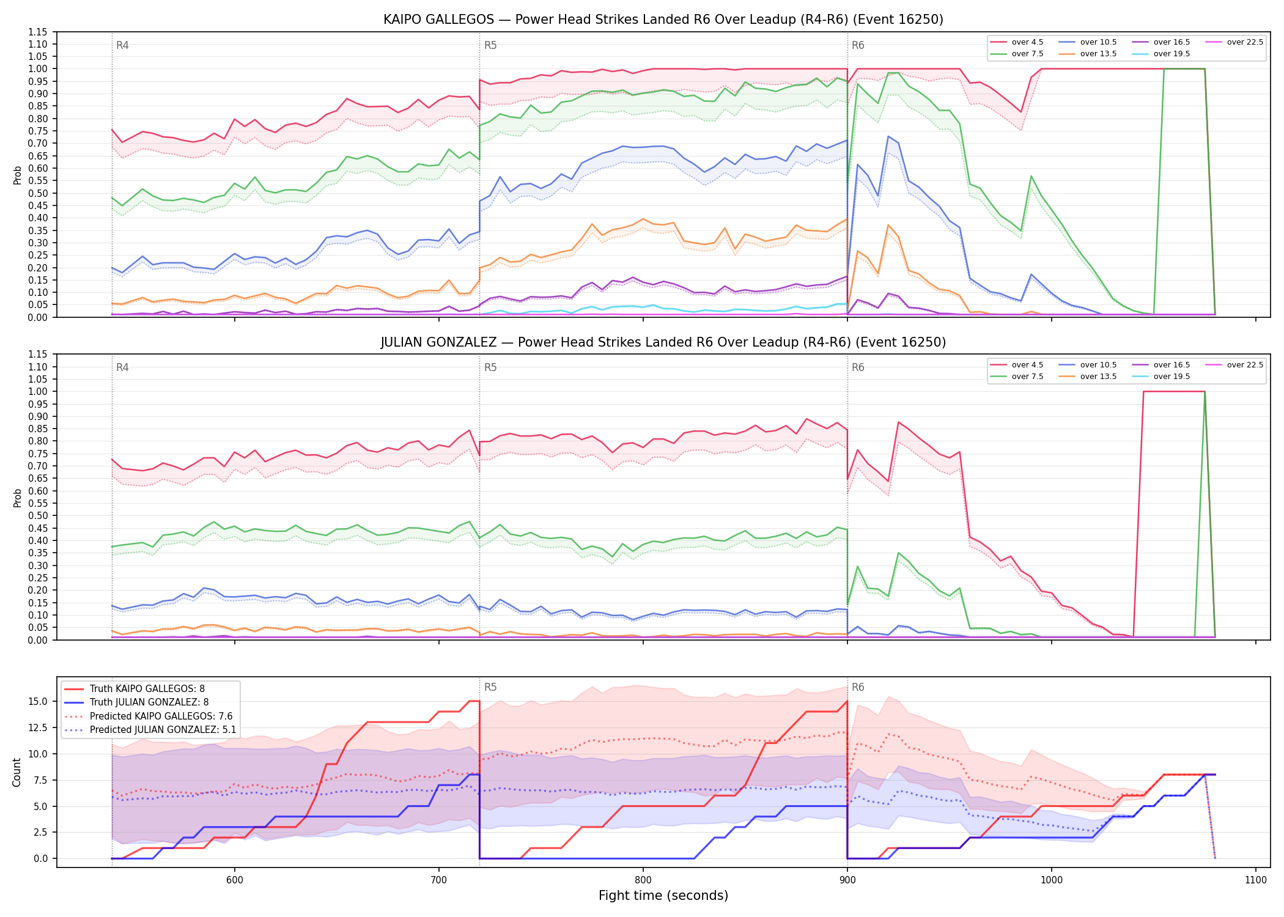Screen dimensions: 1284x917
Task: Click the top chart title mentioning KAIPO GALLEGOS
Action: point(663,20)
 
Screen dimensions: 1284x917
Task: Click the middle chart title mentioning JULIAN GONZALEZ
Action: point(663,342)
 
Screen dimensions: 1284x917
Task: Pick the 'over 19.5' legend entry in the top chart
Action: point(1161,54)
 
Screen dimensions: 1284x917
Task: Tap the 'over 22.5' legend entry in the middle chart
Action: point(1234,365)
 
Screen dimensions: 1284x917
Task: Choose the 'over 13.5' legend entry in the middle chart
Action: point(1088,377)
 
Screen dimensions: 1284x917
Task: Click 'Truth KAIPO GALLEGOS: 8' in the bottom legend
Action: point(135,689)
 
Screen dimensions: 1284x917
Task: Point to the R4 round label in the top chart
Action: point(122,45)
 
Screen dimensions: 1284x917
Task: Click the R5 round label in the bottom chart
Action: point(490,687)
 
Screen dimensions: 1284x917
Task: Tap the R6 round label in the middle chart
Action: point(858,367)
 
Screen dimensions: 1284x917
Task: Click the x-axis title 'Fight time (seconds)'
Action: point(663,896)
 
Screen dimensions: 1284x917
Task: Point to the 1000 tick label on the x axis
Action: point(1051,880)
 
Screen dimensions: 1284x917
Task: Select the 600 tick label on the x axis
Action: point(234,880)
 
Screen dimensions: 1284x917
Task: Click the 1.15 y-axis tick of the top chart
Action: point(37,32)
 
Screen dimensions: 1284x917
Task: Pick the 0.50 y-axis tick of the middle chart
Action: point(37,515)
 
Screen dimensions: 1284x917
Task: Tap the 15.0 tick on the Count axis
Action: point(39,701)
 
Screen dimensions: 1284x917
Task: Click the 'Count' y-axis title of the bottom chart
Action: point(17,772)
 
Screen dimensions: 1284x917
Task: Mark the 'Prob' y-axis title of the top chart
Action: point(17,175)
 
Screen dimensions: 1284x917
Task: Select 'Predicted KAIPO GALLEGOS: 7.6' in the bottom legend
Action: point(149,716)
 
